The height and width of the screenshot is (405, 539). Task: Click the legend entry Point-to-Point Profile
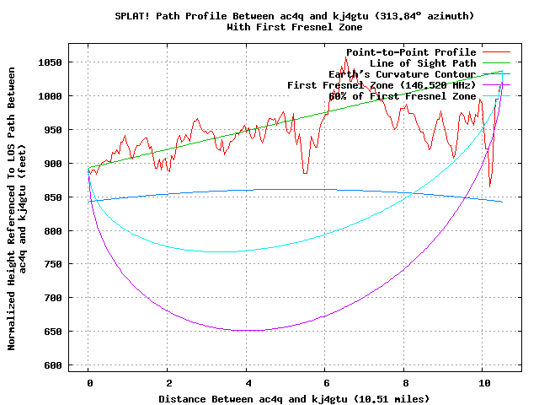(411, 52)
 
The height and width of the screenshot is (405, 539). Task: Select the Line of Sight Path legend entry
(423, 63)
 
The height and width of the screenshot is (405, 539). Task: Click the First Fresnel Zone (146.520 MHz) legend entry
(382, 85)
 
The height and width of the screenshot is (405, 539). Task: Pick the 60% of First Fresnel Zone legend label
(403, 96)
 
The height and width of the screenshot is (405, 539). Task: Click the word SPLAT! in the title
(132, 16)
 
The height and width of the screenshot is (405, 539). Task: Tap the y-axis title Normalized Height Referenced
(12, 220)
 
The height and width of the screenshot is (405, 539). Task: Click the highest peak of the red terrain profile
(345, 57)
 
